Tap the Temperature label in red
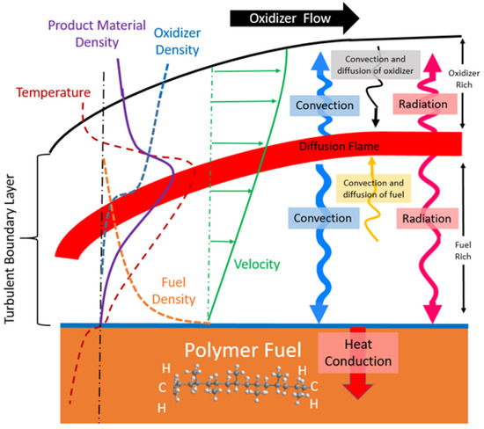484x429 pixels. coord(51,91)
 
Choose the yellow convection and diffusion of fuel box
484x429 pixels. coord(371,186)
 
